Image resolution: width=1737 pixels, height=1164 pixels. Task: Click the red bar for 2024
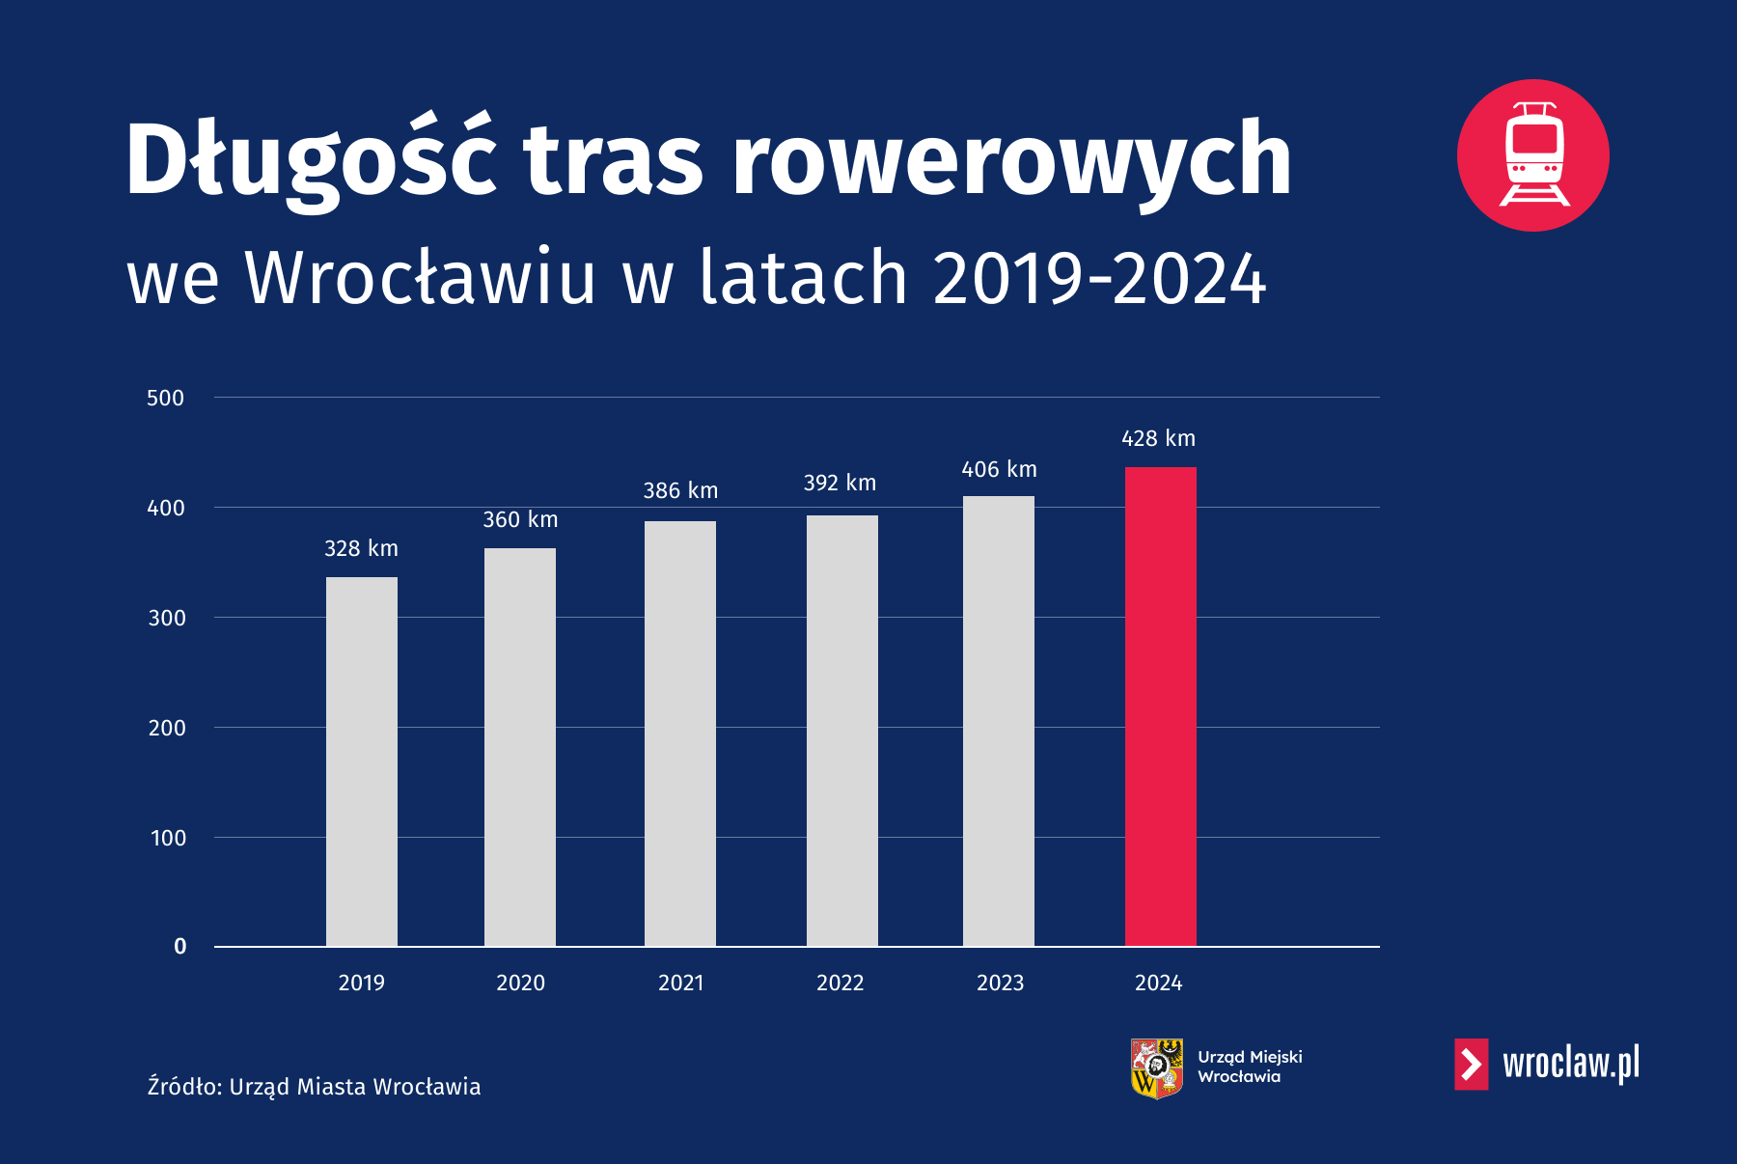1160,707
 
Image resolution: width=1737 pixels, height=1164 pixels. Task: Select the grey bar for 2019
362,762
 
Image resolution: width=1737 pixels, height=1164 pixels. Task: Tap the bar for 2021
680,734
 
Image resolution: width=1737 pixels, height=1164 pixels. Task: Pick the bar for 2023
999,721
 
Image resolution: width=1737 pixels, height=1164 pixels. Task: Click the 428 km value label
1158,438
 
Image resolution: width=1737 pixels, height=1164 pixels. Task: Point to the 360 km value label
520,519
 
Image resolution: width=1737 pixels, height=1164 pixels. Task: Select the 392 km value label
840,483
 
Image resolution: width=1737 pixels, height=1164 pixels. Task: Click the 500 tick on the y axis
165,398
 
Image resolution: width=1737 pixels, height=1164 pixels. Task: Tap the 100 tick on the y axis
168,838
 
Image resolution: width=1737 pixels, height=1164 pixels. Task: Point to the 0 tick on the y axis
179,946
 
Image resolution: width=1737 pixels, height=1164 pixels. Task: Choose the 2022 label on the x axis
840,983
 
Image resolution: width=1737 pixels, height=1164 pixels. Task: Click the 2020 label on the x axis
520,983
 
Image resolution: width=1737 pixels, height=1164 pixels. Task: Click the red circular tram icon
1533,155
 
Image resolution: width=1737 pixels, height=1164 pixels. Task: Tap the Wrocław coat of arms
1157,1068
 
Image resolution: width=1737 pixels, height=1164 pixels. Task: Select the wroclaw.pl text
1571,1064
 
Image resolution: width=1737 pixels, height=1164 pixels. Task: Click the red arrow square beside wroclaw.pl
1472,1064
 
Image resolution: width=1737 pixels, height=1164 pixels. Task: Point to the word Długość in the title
311,160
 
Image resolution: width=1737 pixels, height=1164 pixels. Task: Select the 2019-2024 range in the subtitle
1099,278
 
